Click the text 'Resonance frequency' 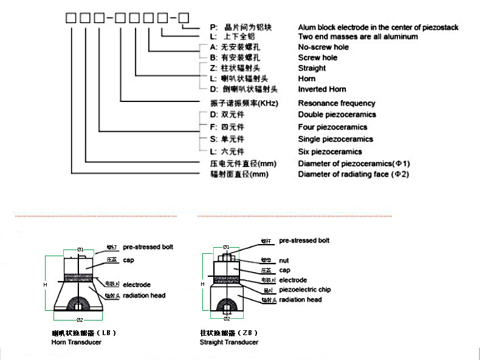coord(336,103)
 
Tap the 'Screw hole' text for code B coord(318,58)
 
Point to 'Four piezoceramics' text coord(332,127)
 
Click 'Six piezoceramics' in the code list coord(330,152)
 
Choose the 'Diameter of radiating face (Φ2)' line coord(353,175)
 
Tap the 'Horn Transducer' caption coord(77,342)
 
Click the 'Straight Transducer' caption coord(229,342)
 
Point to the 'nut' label coord(284,260)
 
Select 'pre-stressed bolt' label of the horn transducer coord(148,247)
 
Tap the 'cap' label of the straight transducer coord(284,270)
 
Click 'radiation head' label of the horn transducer coord(144,296)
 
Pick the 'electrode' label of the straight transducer coord(293,280)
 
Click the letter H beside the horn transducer coord(44,285)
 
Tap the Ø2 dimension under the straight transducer coord(226,318)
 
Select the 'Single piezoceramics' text coord(335,140)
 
